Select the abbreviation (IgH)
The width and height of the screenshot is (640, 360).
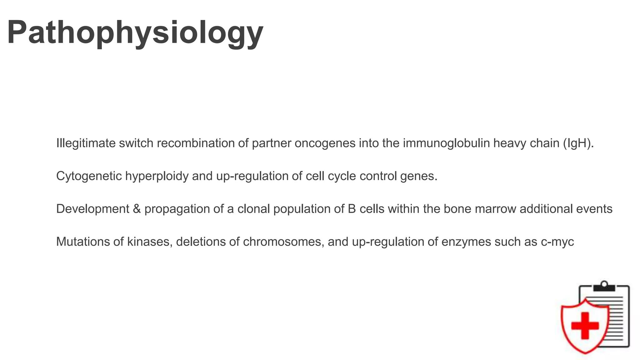tap(578, 143)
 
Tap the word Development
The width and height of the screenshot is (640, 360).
tap(92, 209)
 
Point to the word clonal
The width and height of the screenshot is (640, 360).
tap(253, 209)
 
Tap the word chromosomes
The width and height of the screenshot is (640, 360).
tap(283, 242)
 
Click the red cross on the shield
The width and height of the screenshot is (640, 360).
tap(585, 325)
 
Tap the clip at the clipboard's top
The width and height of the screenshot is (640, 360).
tap(604, 286)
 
